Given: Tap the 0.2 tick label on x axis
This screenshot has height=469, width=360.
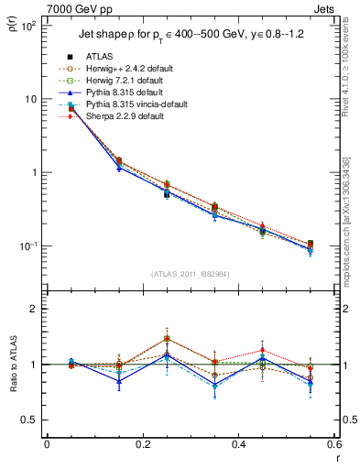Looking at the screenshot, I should (x=143, y=444).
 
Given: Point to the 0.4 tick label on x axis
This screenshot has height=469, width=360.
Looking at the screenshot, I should (x=238, y=444).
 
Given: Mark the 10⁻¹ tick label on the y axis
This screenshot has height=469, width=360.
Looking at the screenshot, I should (x=28, y=246).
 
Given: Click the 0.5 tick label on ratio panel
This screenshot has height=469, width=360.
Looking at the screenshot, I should (x=31, y=420).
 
